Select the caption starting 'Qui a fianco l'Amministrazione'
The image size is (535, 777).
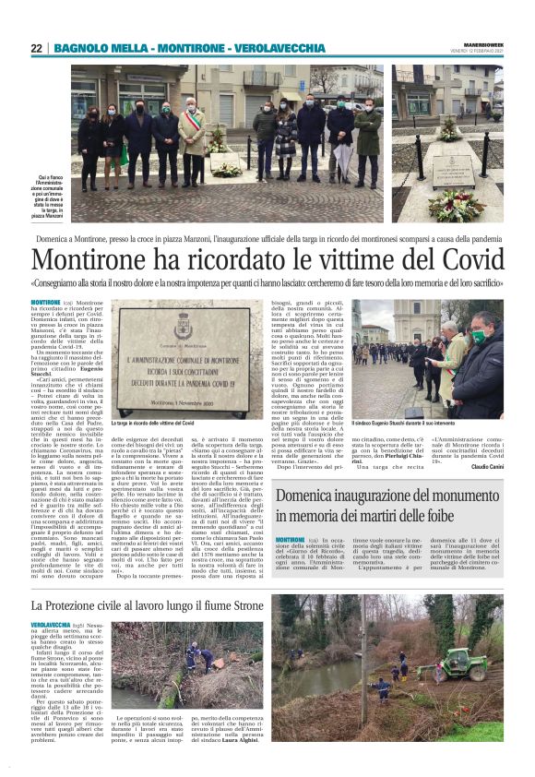pos(51,193)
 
